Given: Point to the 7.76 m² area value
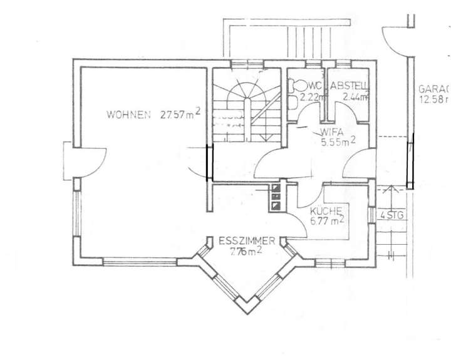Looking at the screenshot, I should point(246,252).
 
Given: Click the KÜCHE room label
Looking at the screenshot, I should point(326,211).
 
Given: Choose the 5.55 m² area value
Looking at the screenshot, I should point(338,142).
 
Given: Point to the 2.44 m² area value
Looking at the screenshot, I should point(355,97).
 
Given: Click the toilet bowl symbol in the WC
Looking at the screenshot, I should point(297,85).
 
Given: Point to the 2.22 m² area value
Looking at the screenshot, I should point(313,97).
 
